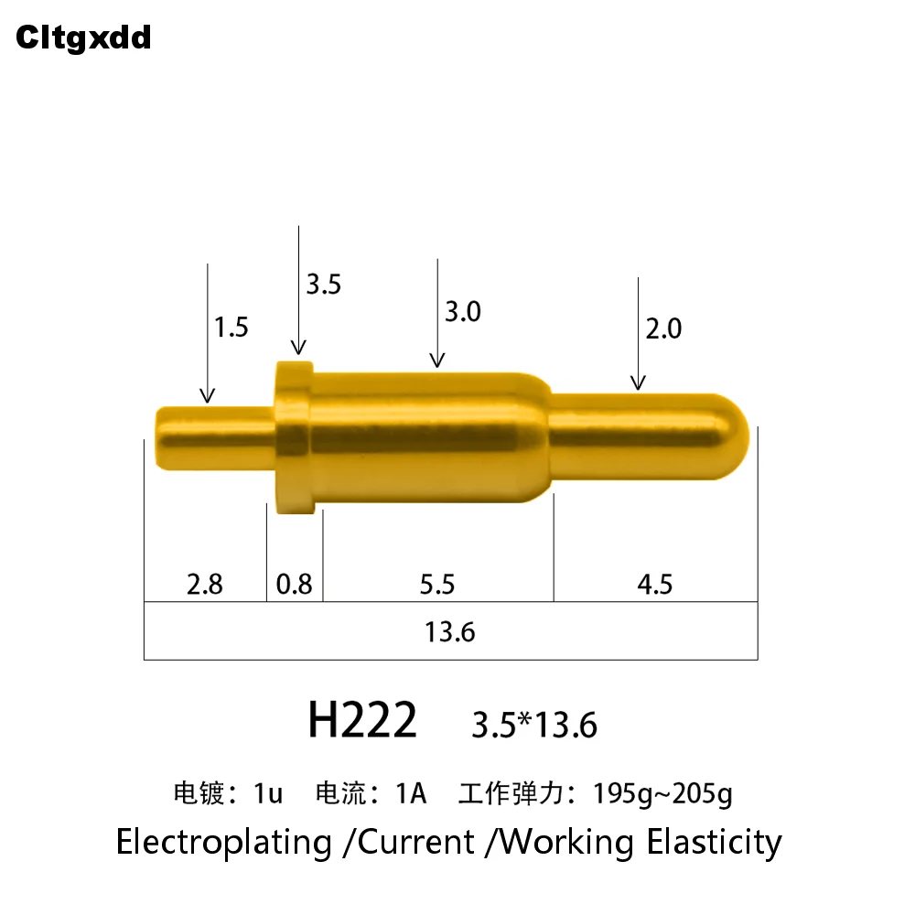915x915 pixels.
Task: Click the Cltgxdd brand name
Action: pos(83,38)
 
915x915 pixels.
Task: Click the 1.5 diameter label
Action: pos(231,327)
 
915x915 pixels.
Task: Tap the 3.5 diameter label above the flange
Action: pos(323,285)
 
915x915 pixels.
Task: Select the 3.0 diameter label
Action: pos(462,312)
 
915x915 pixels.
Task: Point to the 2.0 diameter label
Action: pos(663,328)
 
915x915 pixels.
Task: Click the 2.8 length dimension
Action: pos(204,584)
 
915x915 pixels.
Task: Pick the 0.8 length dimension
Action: pos(294,584)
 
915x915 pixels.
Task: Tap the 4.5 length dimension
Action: pos(654,584)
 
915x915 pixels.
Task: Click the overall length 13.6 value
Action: pos(449,631)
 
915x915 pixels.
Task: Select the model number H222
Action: pos(362,720)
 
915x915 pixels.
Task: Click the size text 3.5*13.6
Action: pos(534,726)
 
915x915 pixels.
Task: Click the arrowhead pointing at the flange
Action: pos(298,347)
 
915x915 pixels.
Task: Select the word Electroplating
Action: pos(223,841)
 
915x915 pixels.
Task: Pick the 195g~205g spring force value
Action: pos(662,793)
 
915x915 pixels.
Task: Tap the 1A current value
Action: pos(411,792)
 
